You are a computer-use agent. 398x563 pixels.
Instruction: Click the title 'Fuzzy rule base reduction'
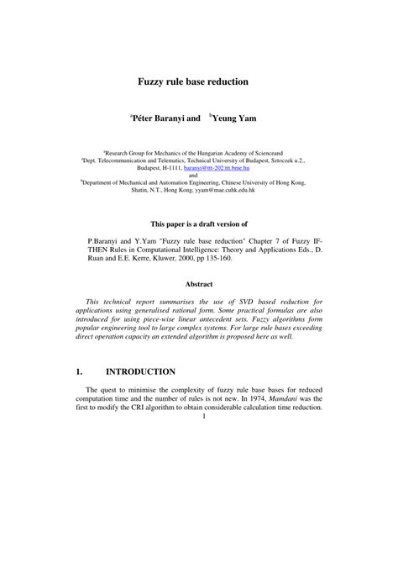pyautogui.click(x=199, y=82)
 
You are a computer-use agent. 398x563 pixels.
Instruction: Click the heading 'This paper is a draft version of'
pyautogui.click(x=199, y=225)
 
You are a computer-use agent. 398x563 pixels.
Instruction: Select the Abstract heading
pyautogui.click(x=199, y=284)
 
